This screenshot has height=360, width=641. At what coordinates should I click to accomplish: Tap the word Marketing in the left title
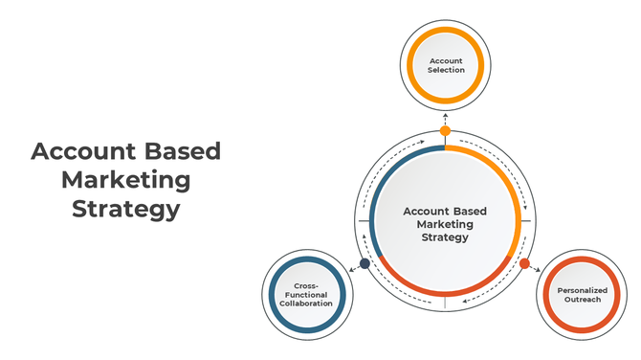pos(125,180)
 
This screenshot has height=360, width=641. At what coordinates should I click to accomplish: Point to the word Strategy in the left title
pos(125,209)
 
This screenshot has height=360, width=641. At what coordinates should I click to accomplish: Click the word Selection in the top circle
pos(446,70)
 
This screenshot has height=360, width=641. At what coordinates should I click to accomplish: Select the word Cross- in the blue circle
pos(306,284)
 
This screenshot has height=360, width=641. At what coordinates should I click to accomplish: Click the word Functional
pos(306,294)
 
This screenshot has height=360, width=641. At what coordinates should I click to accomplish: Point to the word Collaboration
pos(306,304)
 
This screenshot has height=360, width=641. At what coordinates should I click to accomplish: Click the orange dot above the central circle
pos(445,130)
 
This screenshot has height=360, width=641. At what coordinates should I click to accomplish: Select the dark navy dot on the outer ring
pos(364,263)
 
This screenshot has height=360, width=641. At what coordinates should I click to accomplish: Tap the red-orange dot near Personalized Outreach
pos(524,263)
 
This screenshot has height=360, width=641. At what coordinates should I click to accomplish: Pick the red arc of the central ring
pos(445,291)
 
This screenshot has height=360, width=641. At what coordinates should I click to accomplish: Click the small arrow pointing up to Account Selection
pos(445,114)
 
